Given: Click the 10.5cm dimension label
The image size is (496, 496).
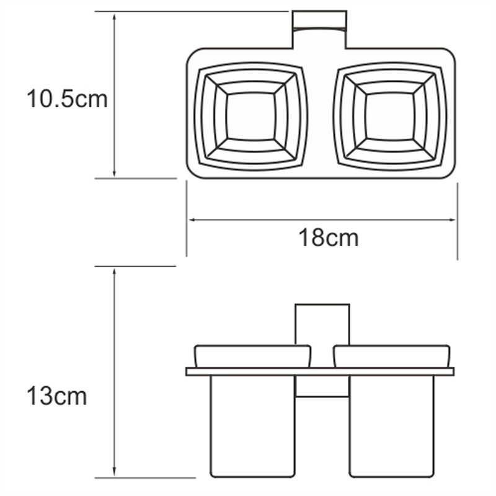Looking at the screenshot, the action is tap(67, 99).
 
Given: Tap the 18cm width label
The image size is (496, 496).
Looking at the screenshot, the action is tap(329, 238).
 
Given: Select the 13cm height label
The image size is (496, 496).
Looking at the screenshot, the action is tap(56, 396).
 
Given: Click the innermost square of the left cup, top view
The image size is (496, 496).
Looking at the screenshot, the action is tap(251, 117).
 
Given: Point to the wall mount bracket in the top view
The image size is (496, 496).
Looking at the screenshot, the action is tap(319, 29).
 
